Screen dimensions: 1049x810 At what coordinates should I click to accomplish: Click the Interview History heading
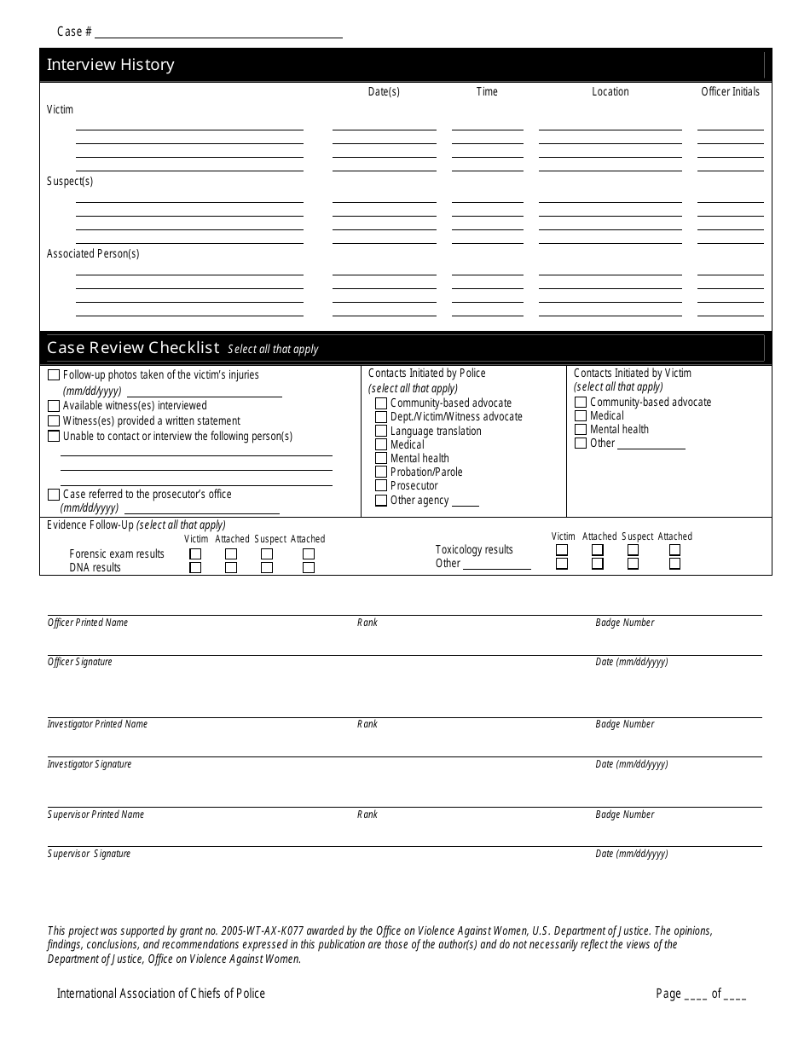[x=111, y=65]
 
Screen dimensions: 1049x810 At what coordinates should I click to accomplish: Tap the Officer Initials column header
[x=730, y=91]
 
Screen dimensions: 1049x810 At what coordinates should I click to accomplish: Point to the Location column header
[x=610, y=91]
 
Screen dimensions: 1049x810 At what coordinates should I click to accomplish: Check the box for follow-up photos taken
[x=54, y=375]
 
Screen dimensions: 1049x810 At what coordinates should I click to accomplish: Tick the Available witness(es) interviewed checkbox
[x=54, y=406]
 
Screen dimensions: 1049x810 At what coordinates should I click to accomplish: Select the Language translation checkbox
[x=381, y=432]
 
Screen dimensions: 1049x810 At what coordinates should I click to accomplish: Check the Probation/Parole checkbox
[x=381, y=472]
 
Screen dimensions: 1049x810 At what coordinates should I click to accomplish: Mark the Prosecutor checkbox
[x=381, y=486]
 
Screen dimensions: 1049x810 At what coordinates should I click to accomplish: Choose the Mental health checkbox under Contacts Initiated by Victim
[x=581, y=430]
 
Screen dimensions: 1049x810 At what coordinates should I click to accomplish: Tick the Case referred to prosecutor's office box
[x=54, y=495]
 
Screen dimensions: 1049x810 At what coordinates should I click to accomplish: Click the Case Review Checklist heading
[x=134, y=348]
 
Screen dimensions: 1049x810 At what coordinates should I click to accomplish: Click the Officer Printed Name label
[x=88, y=623]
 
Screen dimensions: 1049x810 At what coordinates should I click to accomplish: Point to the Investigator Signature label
[x=90, y=764]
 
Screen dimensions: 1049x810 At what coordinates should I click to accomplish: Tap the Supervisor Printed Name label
[x=95, y=814]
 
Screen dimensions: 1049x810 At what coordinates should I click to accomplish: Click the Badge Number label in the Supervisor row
[x=625, y=814]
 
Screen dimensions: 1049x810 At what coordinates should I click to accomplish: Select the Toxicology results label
[x=474, y=550]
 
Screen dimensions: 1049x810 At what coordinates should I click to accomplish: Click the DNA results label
[x=95, y=568]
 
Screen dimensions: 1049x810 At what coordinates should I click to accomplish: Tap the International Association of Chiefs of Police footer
[x=161, y=994]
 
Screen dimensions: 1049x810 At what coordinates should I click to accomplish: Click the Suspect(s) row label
[x=70, y=182]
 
